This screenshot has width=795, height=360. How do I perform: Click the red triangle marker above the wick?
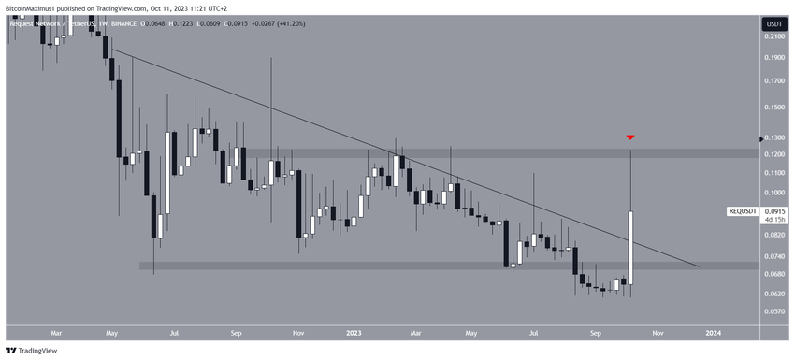point(630,137)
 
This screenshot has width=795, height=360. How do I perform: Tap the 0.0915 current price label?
point(773,211)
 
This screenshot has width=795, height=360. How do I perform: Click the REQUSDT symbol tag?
point(744,211)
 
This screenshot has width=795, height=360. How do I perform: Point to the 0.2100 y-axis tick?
point(773,36)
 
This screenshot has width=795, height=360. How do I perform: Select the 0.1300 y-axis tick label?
point(773,137)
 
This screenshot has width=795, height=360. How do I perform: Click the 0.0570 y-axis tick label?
point(773,311)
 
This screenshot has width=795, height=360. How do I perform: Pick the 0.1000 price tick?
point(773,193)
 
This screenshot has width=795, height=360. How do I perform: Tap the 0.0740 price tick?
point(773,255)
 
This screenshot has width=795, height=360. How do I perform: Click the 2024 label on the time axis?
point(713,332)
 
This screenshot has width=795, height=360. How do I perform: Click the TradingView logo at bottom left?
point(33,350)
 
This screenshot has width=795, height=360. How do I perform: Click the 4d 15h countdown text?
point(773,220)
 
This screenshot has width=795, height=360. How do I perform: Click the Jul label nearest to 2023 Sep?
point(535,332)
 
